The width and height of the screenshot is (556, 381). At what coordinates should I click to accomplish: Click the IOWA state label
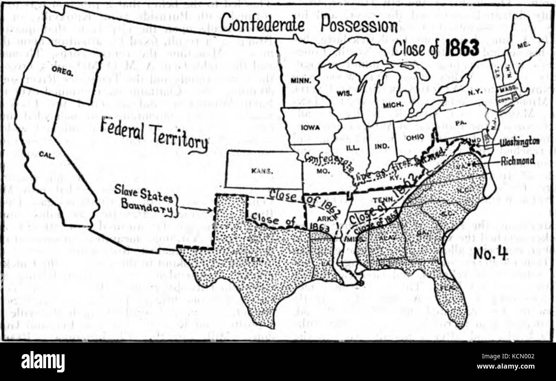307,127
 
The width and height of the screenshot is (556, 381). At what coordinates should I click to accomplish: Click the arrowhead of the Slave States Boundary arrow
210,209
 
